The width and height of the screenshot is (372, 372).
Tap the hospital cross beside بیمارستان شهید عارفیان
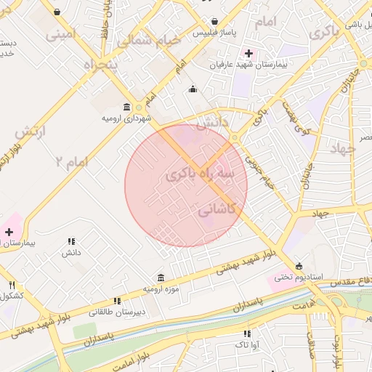(x=249, y=53)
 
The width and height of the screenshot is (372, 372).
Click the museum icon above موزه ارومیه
(x=161, y=278)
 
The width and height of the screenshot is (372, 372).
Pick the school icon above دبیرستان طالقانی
(x=116, y=301)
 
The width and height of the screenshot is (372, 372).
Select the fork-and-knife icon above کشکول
(x=12, y=285)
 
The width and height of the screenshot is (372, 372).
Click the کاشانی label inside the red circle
(x=218, y=209)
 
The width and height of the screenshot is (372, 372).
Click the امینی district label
(x=60, y=33)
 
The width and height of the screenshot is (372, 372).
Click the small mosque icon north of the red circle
(x=193, y=89)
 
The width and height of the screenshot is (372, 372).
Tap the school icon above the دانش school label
(x=70, y=241)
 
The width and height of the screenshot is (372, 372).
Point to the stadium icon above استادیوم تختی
(x=299, y=265)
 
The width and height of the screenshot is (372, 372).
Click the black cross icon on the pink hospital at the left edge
(x=9, y=232)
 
